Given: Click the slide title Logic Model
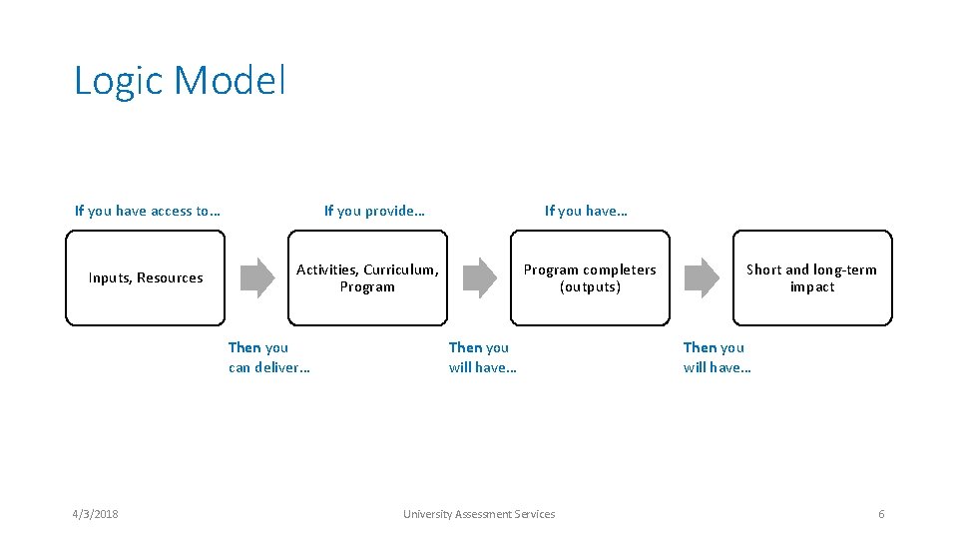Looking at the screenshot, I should tap(180, 81).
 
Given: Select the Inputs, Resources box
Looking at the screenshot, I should tap(146, 278).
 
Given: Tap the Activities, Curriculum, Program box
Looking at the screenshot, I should tap(367, 278).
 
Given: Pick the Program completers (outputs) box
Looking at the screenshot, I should tap(590, 278).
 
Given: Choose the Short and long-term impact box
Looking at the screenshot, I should tap(811, 278).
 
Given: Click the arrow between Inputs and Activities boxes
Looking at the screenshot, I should tap(256, 278).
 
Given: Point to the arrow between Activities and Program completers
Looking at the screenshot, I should tap(479, 278).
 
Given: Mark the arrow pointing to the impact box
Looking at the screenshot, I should tap(702, 278).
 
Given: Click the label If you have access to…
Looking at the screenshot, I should tap(148, 211).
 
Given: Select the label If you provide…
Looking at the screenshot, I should tap(374, 211).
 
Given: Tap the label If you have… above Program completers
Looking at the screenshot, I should tap(586, 211).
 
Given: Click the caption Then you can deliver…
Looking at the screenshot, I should tap(268, 357).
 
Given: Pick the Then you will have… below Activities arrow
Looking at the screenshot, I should tap(483, 357).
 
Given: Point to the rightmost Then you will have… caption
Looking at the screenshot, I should tap(718, 357).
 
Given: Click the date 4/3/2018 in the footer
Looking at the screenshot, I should tap(95, 514).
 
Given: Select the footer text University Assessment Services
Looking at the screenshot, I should tap(479, 514).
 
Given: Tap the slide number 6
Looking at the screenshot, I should tap(881, 514).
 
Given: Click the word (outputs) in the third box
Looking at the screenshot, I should tap(590, 287).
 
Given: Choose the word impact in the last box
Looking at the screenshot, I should tap(811, 287).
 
